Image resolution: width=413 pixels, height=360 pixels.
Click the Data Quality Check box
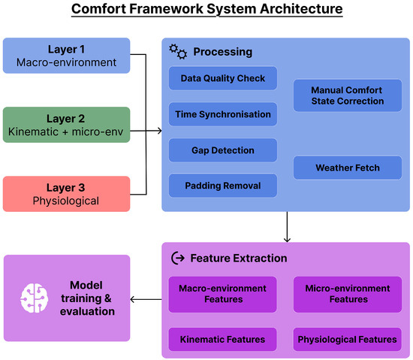[223, 78]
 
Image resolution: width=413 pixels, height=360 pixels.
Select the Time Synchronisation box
[223, 114]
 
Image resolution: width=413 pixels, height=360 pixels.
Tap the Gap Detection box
[223, 150]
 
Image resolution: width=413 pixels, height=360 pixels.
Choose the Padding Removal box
[223, 186]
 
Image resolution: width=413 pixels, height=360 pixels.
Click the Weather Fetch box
[348, 168]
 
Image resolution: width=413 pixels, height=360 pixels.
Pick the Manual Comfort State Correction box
[348, 95]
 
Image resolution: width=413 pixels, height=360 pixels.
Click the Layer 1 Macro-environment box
[66, 56]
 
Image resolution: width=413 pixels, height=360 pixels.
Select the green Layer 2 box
[66, 125]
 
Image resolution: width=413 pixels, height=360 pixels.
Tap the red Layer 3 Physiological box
[66, 194]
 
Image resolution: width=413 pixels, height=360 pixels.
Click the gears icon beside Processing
[178, 52]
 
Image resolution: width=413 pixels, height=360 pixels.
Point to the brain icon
[35, 298]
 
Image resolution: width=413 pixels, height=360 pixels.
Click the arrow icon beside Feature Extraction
[178, 258]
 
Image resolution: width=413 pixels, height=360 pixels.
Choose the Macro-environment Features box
[222, 295]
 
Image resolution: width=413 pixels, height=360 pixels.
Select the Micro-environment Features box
[348, 295]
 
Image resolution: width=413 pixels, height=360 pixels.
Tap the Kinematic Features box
[222, 340]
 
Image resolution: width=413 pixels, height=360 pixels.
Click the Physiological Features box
[348, 340]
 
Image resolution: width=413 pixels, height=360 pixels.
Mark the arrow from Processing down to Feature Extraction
[287, 227]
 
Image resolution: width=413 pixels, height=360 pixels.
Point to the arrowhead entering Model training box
[131, 299]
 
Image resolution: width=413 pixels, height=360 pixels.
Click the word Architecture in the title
[301, 9]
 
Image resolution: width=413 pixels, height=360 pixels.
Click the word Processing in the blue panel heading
[223, 52]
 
